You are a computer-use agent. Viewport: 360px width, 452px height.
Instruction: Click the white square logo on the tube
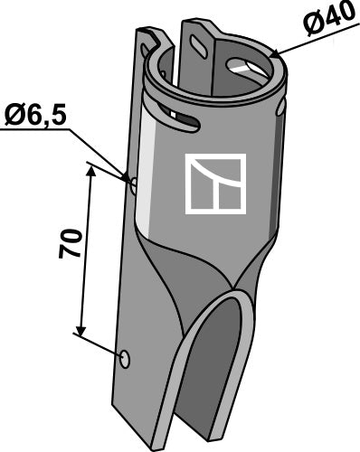pos(215,184)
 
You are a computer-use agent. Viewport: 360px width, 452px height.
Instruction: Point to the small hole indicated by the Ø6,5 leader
pos(134,186)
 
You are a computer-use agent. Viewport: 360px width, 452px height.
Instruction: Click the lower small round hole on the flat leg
pos(125,360)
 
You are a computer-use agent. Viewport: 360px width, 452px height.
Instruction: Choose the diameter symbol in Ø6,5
pos(15,115)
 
